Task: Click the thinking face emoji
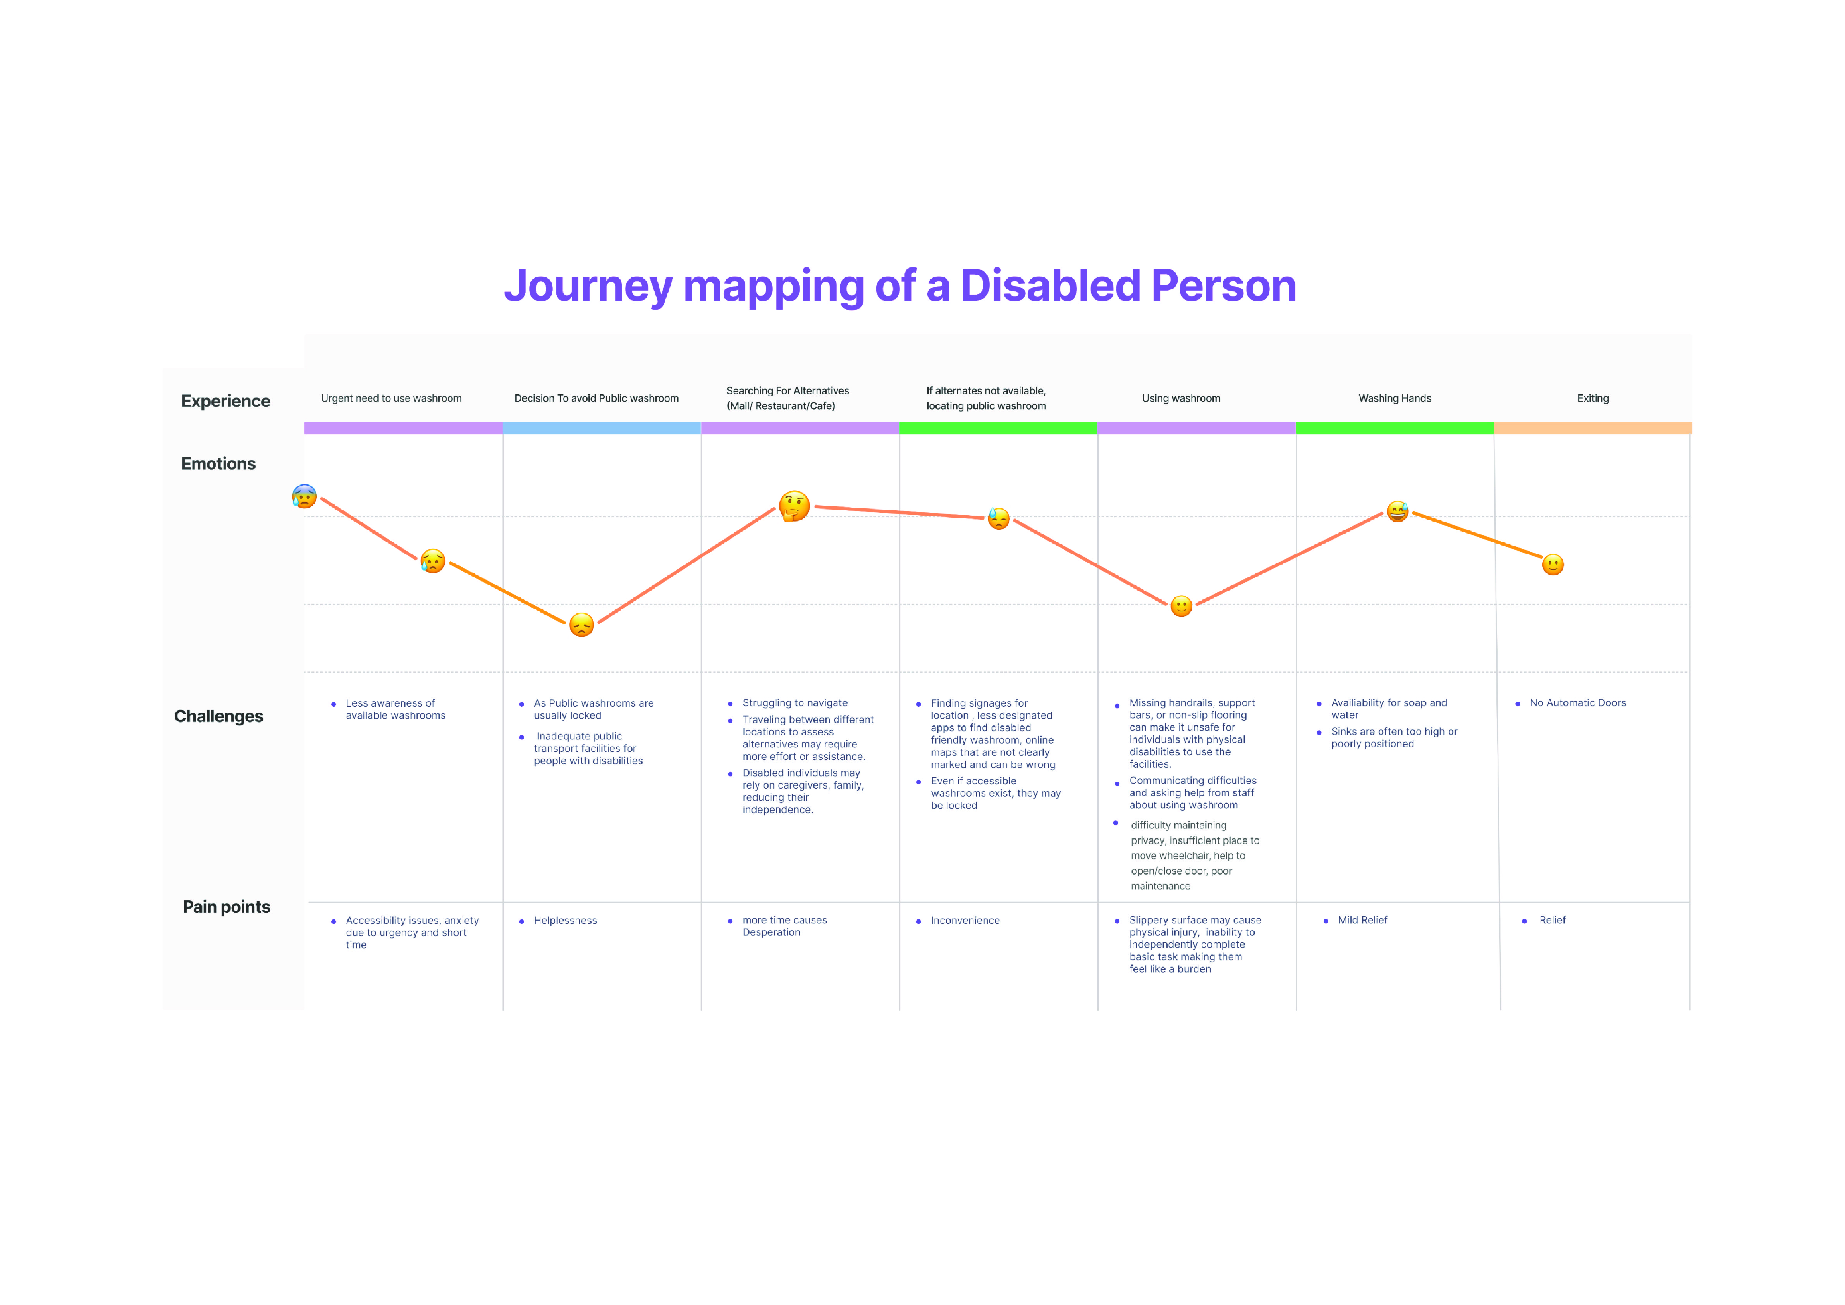[794, 506]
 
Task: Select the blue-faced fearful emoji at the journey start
[304, 497]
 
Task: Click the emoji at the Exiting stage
[1553, 565]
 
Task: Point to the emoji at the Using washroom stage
[1180, 606]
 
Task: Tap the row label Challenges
[218, 716]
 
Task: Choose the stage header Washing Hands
[1394, 399]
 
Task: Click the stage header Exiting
[1593, 399]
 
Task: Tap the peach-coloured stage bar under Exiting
[1593, 428]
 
